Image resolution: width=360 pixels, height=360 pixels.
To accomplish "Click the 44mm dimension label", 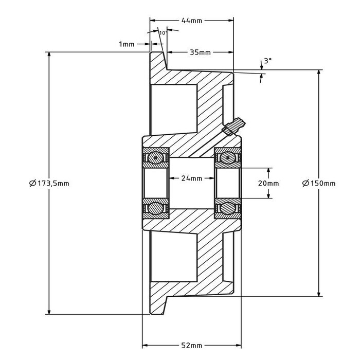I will pyautogui.click(x=192, y=21).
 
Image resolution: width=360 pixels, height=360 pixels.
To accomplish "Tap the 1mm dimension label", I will pyautogui.click(x=126, y=44).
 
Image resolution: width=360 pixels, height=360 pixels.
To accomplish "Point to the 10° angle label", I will pyautogui.click(x=163, y=33).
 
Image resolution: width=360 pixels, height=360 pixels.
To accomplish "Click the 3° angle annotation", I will pyautogui.click(x=267, y=61).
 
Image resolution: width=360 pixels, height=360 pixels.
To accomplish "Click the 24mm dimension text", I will pyautogui.click(x=192, y=178).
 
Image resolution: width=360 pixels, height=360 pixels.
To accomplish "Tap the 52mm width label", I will pyautogui.click(x=192, y=346).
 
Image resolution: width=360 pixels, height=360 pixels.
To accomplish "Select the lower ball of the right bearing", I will pyautogui.click(x=227, y=208).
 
